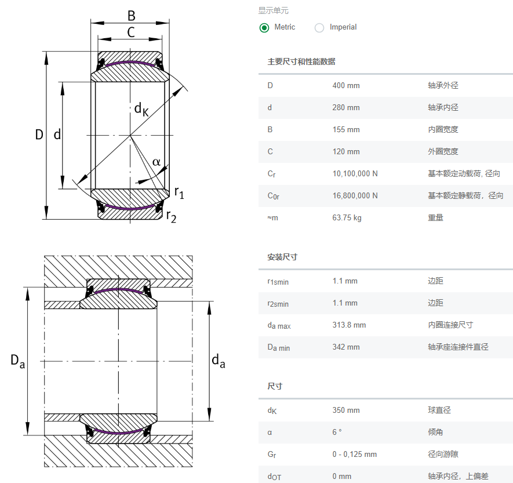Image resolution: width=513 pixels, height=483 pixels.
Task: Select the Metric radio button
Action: tap(264, 27)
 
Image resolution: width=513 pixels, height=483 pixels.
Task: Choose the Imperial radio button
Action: tap(319, 27)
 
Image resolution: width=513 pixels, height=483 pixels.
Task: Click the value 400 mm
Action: tap(346, 86)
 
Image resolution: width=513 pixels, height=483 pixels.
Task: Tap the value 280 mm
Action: tap(346, 108)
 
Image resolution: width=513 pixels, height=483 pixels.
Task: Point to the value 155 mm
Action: tap(346, 130)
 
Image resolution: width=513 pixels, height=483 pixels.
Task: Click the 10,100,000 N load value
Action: tap(355, 174)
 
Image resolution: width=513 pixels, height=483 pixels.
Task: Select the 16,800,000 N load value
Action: tap(355, 196)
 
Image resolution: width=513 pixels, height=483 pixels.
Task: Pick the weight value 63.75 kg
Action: tap(347, 218)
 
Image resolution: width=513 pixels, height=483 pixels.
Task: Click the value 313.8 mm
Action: tap(349, 325)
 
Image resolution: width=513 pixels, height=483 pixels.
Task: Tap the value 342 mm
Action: tap(346, 347)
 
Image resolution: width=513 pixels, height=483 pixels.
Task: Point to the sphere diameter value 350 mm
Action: tap(346, 411)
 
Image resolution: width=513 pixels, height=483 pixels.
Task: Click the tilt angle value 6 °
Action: tap(337, 433)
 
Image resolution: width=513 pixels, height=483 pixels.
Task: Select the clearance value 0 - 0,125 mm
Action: tap(354, 455)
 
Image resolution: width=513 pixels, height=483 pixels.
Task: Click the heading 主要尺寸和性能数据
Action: tap(301, 61)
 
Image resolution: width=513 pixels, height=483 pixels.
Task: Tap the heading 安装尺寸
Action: tap(282, 257)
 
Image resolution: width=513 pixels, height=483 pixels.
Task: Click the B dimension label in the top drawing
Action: tap(131, 15)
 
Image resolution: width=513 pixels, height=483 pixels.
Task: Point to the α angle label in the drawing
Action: tap(157, 161)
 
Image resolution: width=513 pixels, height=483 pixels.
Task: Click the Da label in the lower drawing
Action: tap(17, 361)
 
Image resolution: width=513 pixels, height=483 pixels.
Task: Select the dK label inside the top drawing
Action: tap(141, 108)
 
